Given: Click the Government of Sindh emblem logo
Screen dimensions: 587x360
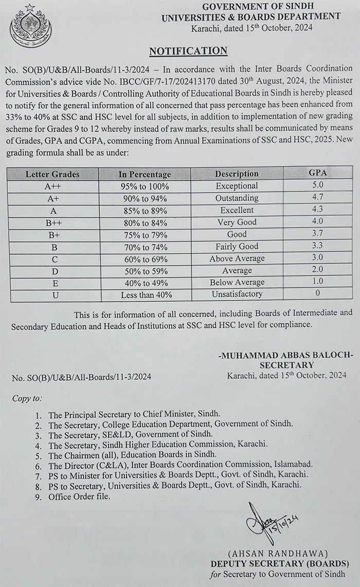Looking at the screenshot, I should (x=30, y=26).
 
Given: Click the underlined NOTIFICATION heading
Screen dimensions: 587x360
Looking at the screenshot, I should (x=188, y=51).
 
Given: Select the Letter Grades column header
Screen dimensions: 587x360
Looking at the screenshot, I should (x=52, y=174).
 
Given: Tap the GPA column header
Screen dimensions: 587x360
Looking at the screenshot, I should (x=318, y=173).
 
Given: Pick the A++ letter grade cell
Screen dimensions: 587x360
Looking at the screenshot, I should (x=52, y=186).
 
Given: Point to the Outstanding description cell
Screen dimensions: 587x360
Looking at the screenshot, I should (x=237, y=198).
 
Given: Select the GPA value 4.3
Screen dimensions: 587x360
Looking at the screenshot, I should (x=318, y=210).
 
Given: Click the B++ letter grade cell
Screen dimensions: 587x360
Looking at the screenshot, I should (x=52, y=222).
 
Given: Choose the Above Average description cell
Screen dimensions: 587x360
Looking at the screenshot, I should (x=237, y=259).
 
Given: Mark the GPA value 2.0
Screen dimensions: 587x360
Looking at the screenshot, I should (x=318, y=270).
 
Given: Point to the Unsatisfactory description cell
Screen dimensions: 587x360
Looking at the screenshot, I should (x=237, y=294).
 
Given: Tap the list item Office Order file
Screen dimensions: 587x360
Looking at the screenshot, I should (x=79, y=497).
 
